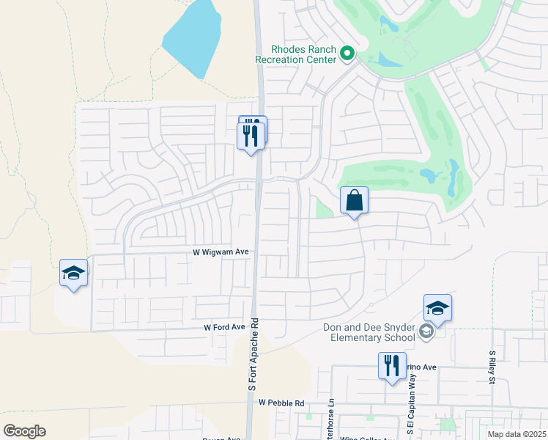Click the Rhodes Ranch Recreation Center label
click(294, 55)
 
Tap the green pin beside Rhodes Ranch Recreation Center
click(347, 53)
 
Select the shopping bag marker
click(354, 200)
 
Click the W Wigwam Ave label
click(221, 252)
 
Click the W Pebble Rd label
click(281, 403)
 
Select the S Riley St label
click(492, 367)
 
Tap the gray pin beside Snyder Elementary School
click(426, 333)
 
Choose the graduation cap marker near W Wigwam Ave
click(73, 274)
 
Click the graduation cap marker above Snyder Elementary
click(437, 308)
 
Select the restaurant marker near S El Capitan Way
click(392, 365)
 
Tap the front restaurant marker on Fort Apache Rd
click(251, 136)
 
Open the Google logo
click(24, 431)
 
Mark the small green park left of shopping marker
click(323, 209)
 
